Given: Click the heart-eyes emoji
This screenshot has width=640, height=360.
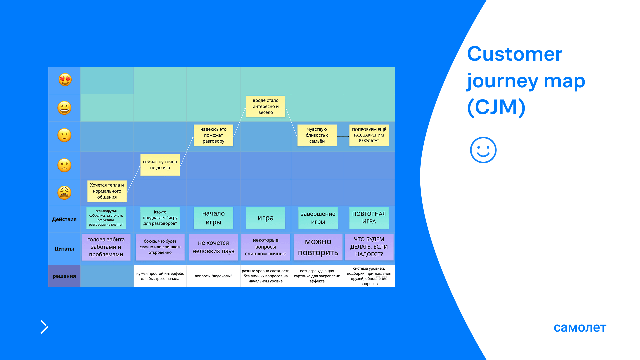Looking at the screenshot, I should (x=65, y=80).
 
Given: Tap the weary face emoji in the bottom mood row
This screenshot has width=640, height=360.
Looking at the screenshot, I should (x=64, y=193).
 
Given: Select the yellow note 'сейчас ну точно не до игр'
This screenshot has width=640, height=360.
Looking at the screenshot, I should (x=160, y=165).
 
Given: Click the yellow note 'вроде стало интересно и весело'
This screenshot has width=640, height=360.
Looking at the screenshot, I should (x=265, y=106).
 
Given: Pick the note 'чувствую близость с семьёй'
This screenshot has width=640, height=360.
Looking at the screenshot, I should (x=317, y=135).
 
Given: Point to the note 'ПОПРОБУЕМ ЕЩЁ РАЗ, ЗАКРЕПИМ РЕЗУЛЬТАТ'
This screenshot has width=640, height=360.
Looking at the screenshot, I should (x=369, y=135).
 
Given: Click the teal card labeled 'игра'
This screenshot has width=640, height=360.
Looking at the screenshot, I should (x=265, y=218).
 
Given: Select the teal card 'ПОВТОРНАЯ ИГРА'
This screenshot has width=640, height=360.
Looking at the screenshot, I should (x=369, y=218).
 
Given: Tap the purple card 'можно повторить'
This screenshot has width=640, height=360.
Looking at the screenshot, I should (x=318, y=247).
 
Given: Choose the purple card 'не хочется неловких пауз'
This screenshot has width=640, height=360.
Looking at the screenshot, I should (x=213, y=247).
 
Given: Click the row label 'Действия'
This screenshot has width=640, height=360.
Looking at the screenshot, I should (x=64, y=219).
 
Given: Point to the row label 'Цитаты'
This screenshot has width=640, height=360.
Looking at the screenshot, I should (x=64, y=249).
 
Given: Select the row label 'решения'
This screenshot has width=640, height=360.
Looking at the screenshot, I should (x=64, y=276).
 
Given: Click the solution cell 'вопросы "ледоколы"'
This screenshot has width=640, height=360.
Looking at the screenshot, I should (x=213, y=276).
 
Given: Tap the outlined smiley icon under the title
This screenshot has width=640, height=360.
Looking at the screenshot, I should (x=483, y=150).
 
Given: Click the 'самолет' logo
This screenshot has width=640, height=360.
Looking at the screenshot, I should (x=580, y=327).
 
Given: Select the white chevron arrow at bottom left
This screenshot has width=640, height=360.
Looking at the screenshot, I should (x=44, y=327).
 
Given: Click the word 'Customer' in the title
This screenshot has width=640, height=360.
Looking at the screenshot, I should (x=514, y=54).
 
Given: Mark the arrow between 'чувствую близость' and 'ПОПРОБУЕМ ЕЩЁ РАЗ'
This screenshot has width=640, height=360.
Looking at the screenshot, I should (x=343, y=136).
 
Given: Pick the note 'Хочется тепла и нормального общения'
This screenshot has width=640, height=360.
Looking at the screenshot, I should (x=107, y=191).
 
